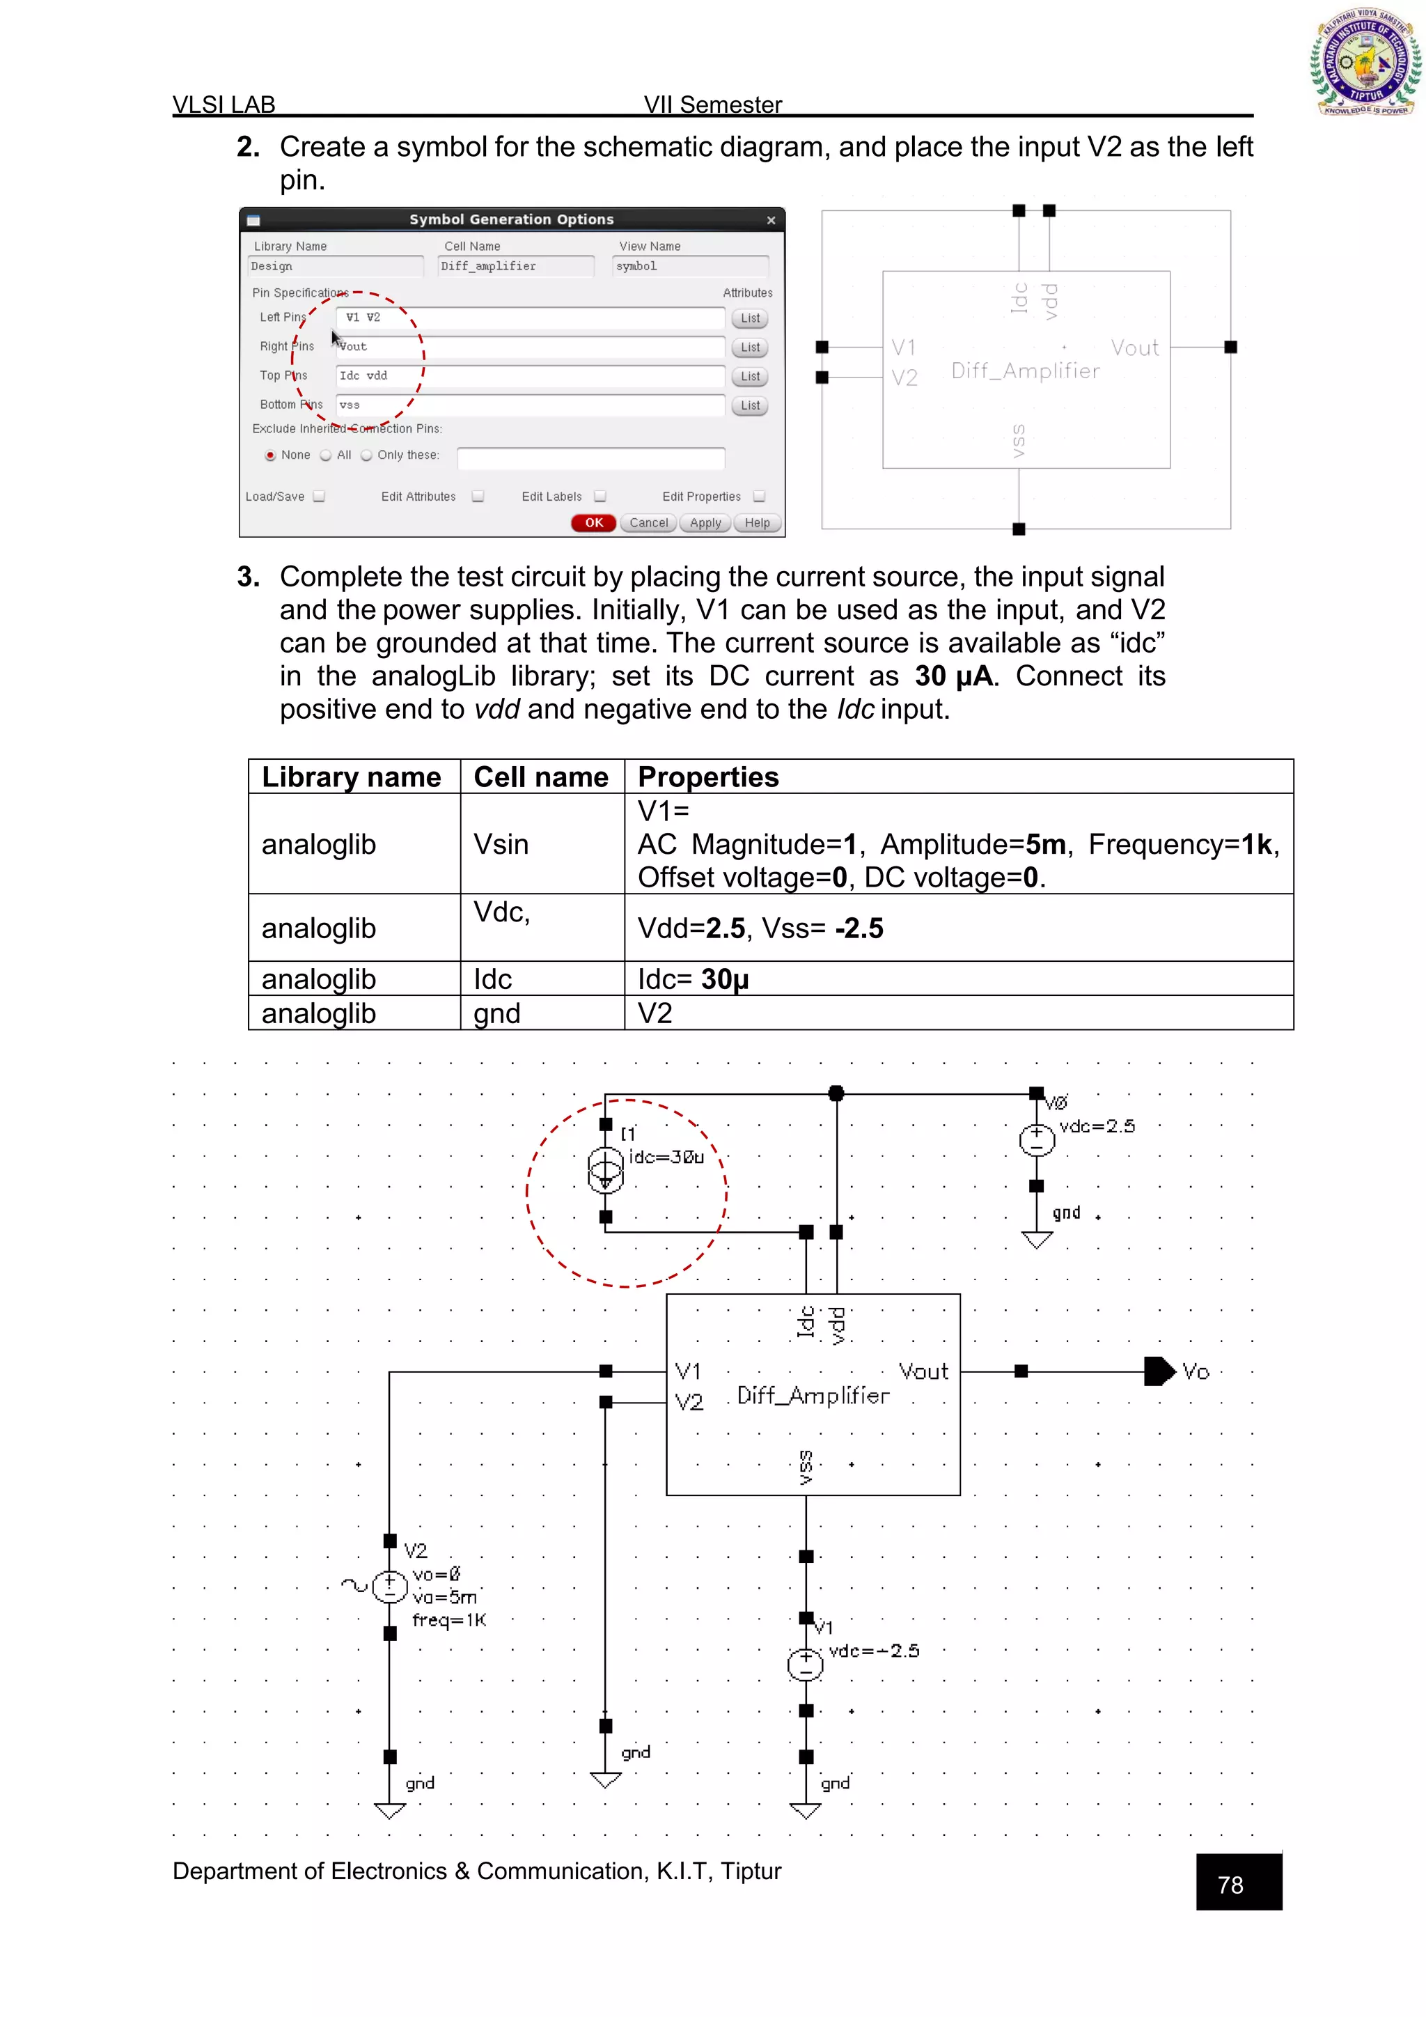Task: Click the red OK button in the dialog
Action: (593, 522)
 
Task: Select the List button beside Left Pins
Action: (750, 319)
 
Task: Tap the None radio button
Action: (270, 455)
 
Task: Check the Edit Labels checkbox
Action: (600, 497)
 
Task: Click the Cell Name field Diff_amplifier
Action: (515, 266)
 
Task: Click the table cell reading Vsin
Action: (501, 844)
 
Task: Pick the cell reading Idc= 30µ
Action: (693, 979)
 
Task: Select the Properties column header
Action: (707, 777)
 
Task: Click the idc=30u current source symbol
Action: (605, 1171)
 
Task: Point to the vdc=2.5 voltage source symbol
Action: (1036, 1140)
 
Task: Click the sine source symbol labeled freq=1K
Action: (390, 1587)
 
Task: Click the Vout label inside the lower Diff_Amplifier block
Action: (923, 1371)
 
